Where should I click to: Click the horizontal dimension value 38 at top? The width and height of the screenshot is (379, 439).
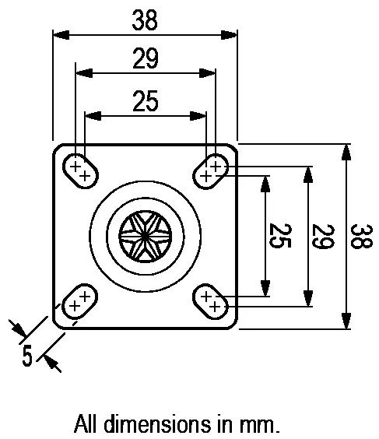145,20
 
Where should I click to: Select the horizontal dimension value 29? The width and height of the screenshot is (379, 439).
145,58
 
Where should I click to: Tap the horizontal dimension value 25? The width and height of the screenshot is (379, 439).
145,100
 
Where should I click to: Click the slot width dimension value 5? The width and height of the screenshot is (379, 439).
27,356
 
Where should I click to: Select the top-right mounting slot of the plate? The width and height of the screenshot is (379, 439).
211,170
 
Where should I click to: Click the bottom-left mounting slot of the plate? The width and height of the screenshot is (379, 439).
79,301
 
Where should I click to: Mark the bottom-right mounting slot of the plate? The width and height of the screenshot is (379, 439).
211,301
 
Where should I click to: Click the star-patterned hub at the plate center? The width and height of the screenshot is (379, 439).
146,236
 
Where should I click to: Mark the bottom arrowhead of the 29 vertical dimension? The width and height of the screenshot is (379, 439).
308,299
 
